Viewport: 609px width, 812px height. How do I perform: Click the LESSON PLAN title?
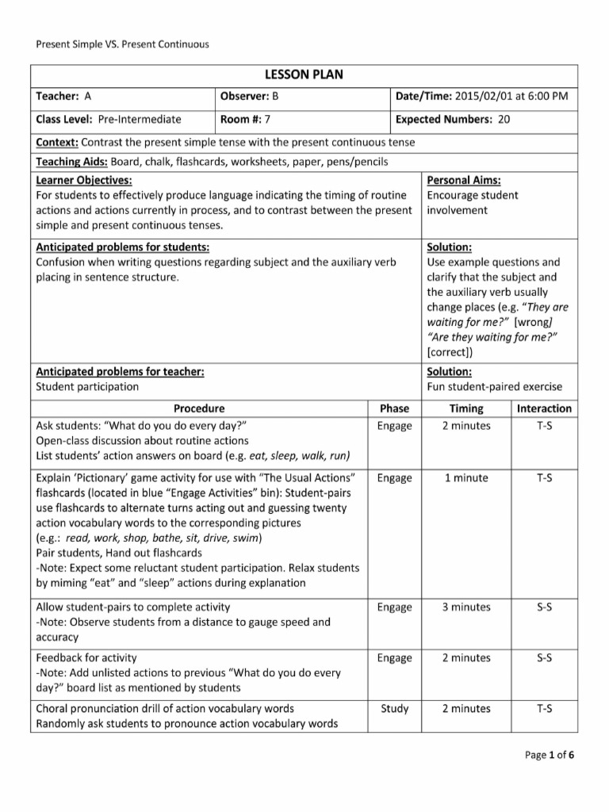click(x=304, y=75)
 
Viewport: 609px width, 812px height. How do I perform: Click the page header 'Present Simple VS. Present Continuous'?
click(x=123, y=44)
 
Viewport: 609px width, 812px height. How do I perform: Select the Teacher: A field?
click(x=64, y=97)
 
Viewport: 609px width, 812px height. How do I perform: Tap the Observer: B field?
click(x=250, y=97)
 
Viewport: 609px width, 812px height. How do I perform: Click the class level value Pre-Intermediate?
click(x=140, y=120)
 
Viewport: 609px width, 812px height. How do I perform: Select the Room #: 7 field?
click(x=246, y=120)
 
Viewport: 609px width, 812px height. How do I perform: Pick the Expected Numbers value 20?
click(x=504, y=120)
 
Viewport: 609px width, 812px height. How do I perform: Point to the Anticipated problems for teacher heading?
click(x=120, y=371)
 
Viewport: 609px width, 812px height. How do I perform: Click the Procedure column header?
click(x=199, y=408)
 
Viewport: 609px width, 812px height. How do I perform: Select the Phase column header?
click(x=394, y=408)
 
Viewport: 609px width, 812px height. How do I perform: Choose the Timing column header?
click(x=465, y=408)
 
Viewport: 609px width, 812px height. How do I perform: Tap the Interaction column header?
click(x=544, y=408)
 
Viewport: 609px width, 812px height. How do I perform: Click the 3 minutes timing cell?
click(x=466, y=607)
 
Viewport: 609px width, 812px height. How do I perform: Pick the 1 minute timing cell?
click(x=466, y=478)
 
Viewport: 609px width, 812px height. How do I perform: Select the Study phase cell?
click(x=394, y=709)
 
